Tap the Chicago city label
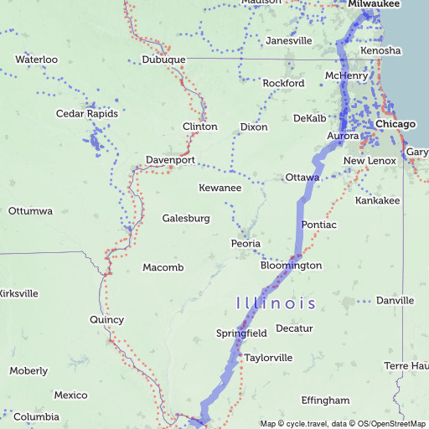(395, 124)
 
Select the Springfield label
(241, 333)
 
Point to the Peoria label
(246, 244)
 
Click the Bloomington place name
(291, 266)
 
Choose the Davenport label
(170, 159)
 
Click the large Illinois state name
(276, 303)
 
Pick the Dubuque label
(163, 60)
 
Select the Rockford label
(283, 84)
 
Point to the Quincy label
(106, 319)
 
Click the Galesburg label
(185, 219)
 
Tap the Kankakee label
(378, 201)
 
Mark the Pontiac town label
(318, 225)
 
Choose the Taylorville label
(268, 358)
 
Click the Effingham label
(325, 401)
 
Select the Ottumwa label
(31, 211)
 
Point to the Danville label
(395, 301)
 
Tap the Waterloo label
(36, 59)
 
